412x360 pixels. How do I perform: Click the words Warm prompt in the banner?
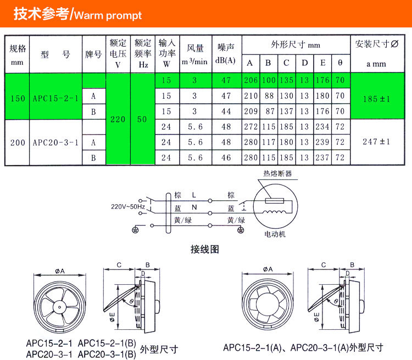108,15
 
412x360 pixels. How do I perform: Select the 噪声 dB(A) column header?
225,54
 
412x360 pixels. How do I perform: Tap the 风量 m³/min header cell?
195,54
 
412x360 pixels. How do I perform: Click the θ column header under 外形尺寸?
340,63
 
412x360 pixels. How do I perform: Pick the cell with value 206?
250,80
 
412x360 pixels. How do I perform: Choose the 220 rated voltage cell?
118,119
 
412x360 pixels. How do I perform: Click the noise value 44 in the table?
226,111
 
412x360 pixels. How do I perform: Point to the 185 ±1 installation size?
376,99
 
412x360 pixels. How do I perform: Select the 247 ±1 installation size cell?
376,142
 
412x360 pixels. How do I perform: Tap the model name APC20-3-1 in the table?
55,143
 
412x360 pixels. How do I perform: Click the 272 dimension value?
250,127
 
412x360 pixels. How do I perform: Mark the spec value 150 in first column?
18,98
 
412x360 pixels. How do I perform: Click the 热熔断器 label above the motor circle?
277,173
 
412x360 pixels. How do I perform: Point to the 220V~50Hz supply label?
128,207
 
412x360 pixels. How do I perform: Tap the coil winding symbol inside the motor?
274,212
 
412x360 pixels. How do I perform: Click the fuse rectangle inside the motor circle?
274,201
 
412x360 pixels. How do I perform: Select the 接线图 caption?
205,249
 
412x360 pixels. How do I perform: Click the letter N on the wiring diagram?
194,207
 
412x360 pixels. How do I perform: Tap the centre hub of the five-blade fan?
60,307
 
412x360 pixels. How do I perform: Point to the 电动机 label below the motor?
275,234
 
